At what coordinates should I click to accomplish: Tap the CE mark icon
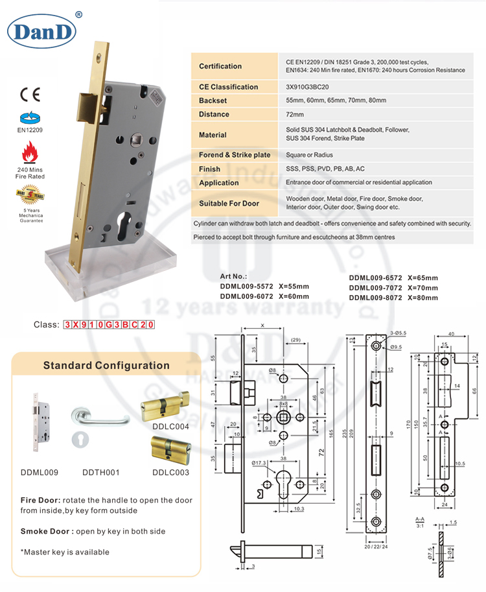[x=31, y=94]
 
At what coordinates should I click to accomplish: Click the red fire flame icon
[x=30, y=153]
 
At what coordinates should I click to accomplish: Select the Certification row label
[x=220, y=66]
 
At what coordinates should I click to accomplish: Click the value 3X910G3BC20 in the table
[x=308, y=87]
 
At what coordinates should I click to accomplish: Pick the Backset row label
[x=213, y=101]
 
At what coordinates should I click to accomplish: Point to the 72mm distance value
[x=295, y=114]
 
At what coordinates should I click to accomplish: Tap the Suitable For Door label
[x=229, y=203]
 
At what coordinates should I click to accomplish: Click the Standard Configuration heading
[x=106, y=365]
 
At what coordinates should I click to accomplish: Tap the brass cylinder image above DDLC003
[x=170, y=449]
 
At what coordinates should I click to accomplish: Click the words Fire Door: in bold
[x=41, y=501]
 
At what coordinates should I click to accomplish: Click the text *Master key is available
[x=65, y=552]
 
